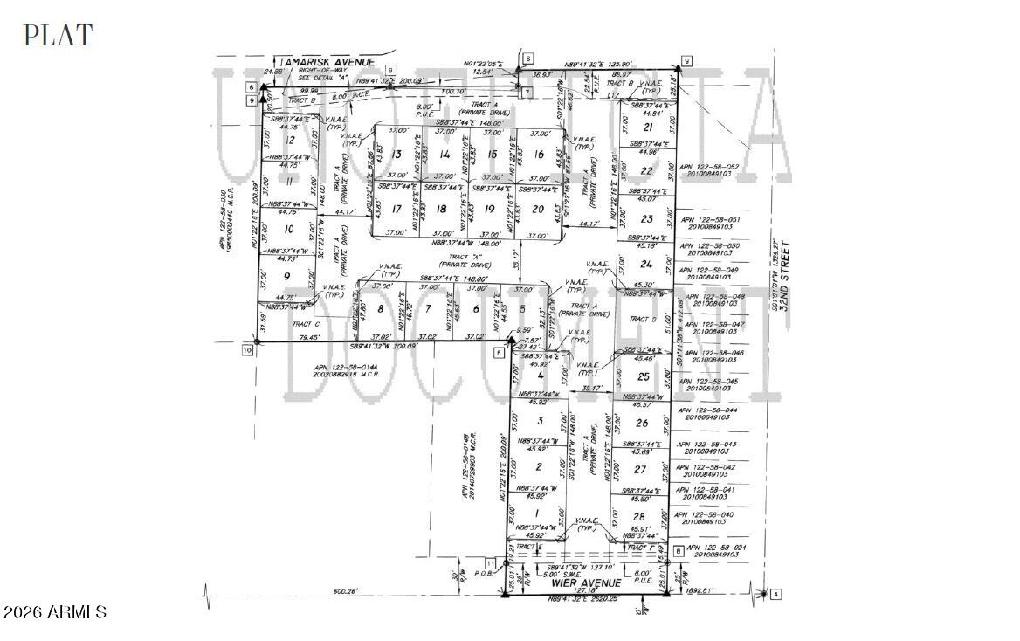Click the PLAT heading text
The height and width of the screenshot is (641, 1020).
pyautogui.click(x=58, y=35)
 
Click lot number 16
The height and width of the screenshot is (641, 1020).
pyautogui.click(x=539, y=155)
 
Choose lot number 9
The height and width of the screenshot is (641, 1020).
pyautogui.click(x=286, y=276)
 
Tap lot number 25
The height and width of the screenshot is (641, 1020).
pyautogui.click(x=644, y=376)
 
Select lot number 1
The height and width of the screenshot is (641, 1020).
pyautogui.click(x=536, y=513)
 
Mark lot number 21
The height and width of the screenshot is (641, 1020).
pyautogui.click(x=647, y=127)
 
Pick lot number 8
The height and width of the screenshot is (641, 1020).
pyautogui.click(x=380, y=308)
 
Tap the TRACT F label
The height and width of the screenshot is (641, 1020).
pyautogui.click(x=642, y=548)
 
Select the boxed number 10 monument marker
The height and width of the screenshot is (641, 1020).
pyautogui.click(x=247, y=349)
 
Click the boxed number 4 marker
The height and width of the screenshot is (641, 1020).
pyautogui.click(x=775, y=595)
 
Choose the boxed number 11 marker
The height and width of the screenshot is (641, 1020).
pyautogui.click(x=490, y=563)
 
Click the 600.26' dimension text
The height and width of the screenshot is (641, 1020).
pyautogui.click(x=346, y=592)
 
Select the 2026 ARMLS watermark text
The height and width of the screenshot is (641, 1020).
pyautogui.click(x=55, y=612)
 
